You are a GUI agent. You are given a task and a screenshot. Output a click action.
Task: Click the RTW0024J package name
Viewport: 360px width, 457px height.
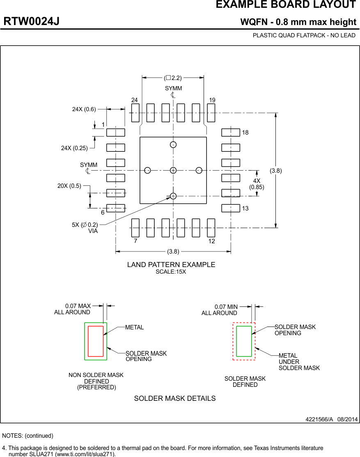(32, 22)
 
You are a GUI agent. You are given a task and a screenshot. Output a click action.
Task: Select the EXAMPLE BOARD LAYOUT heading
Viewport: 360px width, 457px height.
(286, 5)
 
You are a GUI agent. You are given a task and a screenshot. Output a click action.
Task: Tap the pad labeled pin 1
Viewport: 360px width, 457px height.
(115, 133)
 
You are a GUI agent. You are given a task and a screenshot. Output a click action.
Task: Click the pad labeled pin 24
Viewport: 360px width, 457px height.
(135, 113)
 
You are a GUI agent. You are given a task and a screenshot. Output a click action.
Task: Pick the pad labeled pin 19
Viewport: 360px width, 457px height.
(211, 113)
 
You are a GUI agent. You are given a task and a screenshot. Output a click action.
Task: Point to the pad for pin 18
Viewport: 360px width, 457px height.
(230, 133)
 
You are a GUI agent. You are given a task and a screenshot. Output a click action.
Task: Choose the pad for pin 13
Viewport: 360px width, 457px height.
(230, 208)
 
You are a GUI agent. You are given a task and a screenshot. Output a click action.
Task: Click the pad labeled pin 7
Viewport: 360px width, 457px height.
(135, 228)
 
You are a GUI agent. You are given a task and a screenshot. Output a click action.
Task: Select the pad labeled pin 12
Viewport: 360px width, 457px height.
(211, 228)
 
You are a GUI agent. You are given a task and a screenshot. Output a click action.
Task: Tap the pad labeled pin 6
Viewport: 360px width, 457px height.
(115, 208)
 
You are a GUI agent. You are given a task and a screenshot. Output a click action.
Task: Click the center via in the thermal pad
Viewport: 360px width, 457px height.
(173, 170)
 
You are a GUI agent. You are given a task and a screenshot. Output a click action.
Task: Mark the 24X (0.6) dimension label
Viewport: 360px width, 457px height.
(84, 109)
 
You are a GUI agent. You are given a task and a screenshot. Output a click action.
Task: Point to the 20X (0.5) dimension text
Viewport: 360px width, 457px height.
(69, 186)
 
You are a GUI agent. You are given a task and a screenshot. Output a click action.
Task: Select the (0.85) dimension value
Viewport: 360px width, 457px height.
(257, 187)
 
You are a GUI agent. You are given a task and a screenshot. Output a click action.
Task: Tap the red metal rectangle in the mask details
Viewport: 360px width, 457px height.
(96, 341)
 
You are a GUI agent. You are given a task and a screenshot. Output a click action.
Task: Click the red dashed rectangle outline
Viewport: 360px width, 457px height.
(233, 341)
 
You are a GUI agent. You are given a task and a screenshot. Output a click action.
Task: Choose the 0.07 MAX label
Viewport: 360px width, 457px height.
(78, 306)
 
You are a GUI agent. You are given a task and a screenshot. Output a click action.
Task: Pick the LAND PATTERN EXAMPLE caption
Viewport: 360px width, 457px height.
(171, 265)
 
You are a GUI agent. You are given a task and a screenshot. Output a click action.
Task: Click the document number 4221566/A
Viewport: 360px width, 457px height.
(319, 419)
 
